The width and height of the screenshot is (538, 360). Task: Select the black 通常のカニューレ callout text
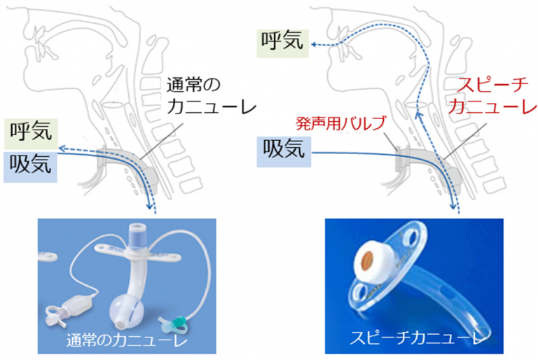coord(210,96)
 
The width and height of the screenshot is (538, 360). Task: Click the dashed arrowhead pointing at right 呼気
coord(315,43)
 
